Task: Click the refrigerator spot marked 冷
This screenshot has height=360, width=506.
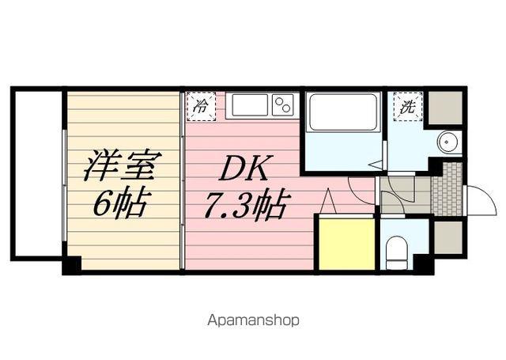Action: pyautogui.click(x=201, y=107)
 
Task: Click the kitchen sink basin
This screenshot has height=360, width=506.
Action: pyautogui.click(x=251, y=105)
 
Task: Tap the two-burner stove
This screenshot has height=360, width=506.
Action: pyautogui.click(x=282, y=104)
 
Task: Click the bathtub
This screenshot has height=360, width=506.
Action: pyautogui.click(x=343, y=112)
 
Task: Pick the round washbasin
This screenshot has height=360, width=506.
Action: pyautogui.click(x=448, y=143)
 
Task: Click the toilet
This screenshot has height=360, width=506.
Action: pyautogui.click(x=396, y=252)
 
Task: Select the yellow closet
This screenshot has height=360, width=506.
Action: pyautogui.click(x=346, y=244)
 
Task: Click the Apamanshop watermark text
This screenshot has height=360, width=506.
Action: pyautogui.click(x=253, y=321)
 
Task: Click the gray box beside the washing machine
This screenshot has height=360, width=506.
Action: pyautogui.click(x=444, y=108)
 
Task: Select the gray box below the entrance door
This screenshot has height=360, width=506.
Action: pyautogui.click(x=448, y=237)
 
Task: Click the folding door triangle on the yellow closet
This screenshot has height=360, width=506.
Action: pyautogui.click(x=328, y=204)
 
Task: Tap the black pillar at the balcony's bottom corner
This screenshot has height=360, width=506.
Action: pyautogui.click(x=71, y=265)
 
